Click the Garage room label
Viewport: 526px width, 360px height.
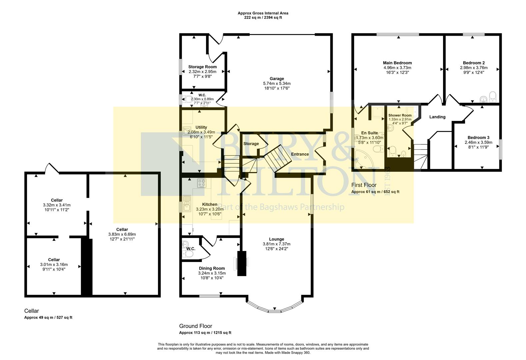pos(277,79)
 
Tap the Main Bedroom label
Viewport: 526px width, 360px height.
pos(397,63)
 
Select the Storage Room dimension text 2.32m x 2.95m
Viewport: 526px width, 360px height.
pos(202,72)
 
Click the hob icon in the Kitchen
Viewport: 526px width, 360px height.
pos(201,183)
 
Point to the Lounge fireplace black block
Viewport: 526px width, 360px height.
pos(242,263)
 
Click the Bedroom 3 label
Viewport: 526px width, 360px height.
pos(478,137)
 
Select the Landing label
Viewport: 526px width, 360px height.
pos(437,117)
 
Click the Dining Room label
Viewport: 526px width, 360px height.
pos(212,268)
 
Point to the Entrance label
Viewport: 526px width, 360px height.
pos(300,154)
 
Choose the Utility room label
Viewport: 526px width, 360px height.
pos(201,127)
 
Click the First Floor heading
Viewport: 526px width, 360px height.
pos(364,185)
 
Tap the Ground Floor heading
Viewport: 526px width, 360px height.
pos(195,326)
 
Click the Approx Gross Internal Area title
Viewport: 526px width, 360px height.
pos(263,13)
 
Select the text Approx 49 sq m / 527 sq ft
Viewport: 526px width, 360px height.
pos(48,318)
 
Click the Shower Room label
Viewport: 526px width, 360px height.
pos(400,115)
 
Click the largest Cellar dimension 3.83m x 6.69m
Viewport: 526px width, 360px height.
pos(122,234)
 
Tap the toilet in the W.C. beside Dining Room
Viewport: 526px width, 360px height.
pos(188,254)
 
